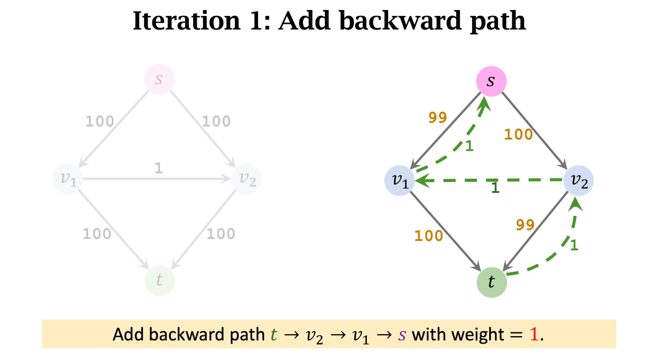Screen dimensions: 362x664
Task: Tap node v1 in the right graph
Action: click(401, 180)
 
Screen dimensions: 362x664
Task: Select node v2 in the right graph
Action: click(578, 180)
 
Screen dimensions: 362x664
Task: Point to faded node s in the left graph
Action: click(159, 79)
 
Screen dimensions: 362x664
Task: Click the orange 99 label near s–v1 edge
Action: click(437, 117)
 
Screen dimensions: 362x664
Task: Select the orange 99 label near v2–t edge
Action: click(525, 224)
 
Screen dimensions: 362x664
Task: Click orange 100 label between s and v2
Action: click(518, 134)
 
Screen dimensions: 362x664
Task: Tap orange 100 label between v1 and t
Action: click(428, 236)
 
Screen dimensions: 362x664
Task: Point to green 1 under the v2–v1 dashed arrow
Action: click(495, 188)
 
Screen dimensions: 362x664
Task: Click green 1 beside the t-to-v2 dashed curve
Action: click(573, 244)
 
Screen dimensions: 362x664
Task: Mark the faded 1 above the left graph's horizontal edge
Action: click(158, 168)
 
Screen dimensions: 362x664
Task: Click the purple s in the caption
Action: click(402, 335)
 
